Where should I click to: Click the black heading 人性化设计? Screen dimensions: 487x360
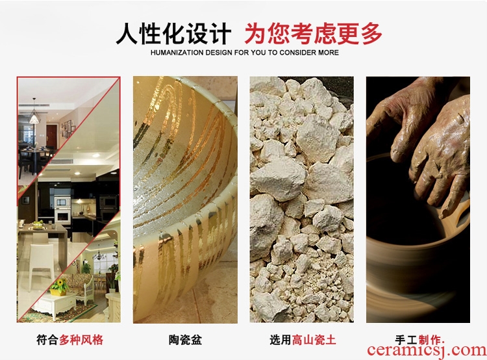[173, 33]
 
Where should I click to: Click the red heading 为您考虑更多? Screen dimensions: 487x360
[313, 33]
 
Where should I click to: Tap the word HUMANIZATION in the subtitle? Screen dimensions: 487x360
[177, 53]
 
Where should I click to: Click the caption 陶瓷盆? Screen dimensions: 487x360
[185, 339]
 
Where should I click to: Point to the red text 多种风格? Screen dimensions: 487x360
[81, 339]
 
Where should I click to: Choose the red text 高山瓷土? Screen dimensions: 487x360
[314, 339]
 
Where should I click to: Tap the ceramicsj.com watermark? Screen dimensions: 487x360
[427, 350]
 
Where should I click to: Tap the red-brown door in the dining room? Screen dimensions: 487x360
[51, 137]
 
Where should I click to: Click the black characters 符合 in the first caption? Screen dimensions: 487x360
[47, 339]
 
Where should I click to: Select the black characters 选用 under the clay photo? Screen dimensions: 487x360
[281, 339]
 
